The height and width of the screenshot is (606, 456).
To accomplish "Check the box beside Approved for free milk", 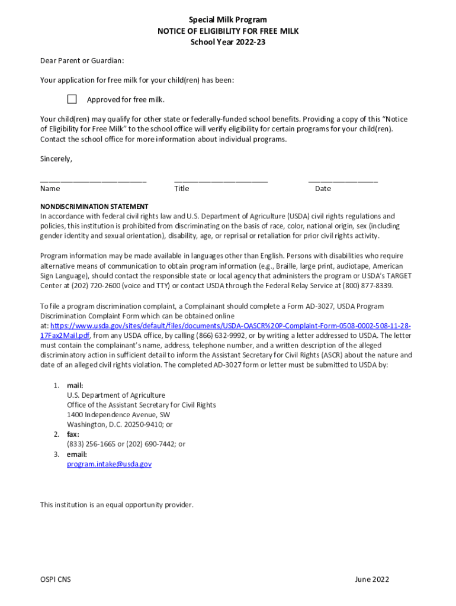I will (72, 99).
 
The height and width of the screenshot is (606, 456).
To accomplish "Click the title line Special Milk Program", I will (228, 20).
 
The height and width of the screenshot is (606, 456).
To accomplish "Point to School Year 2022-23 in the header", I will (228, 41).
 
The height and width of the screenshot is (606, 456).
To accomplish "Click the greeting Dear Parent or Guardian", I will (82, 61).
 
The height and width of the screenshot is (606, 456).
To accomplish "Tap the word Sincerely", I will (56, 159).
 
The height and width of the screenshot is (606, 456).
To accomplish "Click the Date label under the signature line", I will (323, 189).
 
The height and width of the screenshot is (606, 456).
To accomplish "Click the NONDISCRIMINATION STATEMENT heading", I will (94, 207).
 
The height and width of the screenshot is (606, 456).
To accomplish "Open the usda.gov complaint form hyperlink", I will (230, 326).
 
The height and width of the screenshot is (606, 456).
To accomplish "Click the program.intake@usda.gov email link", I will (109, 465).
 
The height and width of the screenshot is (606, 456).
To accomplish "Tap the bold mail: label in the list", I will (75, 385).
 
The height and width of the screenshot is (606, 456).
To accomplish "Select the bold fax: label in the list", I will (73, 434).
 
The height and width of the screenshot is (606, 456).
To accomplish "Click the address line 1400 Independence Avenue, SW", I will (118, 415).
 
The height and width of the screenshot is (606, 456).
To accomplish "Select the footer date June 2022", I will (372, 580).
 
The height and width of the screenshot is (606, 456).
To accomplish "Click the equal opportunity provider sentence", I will (117, 505).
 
